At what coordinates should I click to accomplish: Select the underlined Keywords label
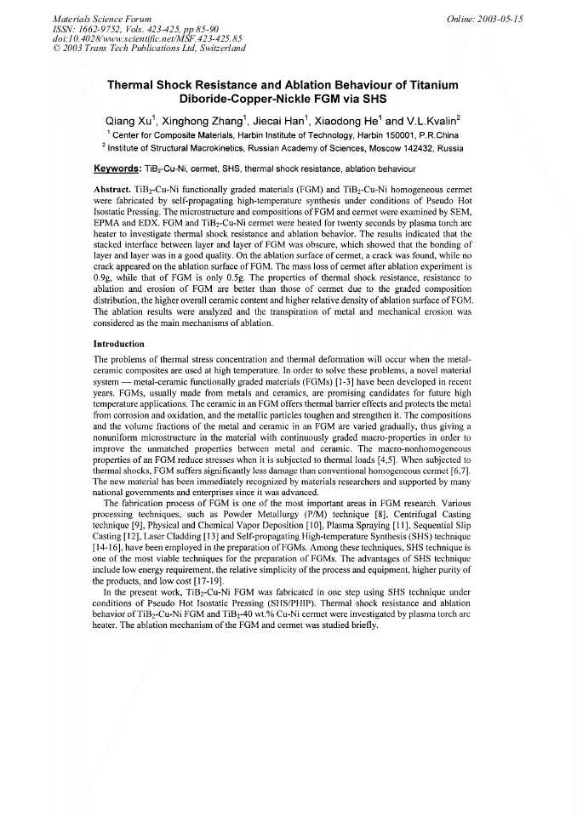pyautogui.click(x=117, y=168)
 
